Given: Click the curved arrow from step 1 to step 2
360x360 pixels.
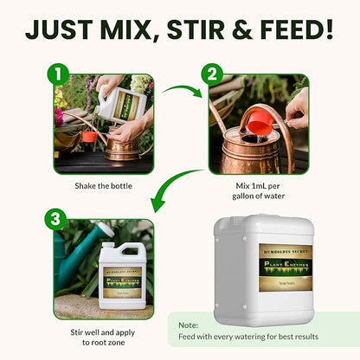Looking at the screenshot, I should click(183, 91).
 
